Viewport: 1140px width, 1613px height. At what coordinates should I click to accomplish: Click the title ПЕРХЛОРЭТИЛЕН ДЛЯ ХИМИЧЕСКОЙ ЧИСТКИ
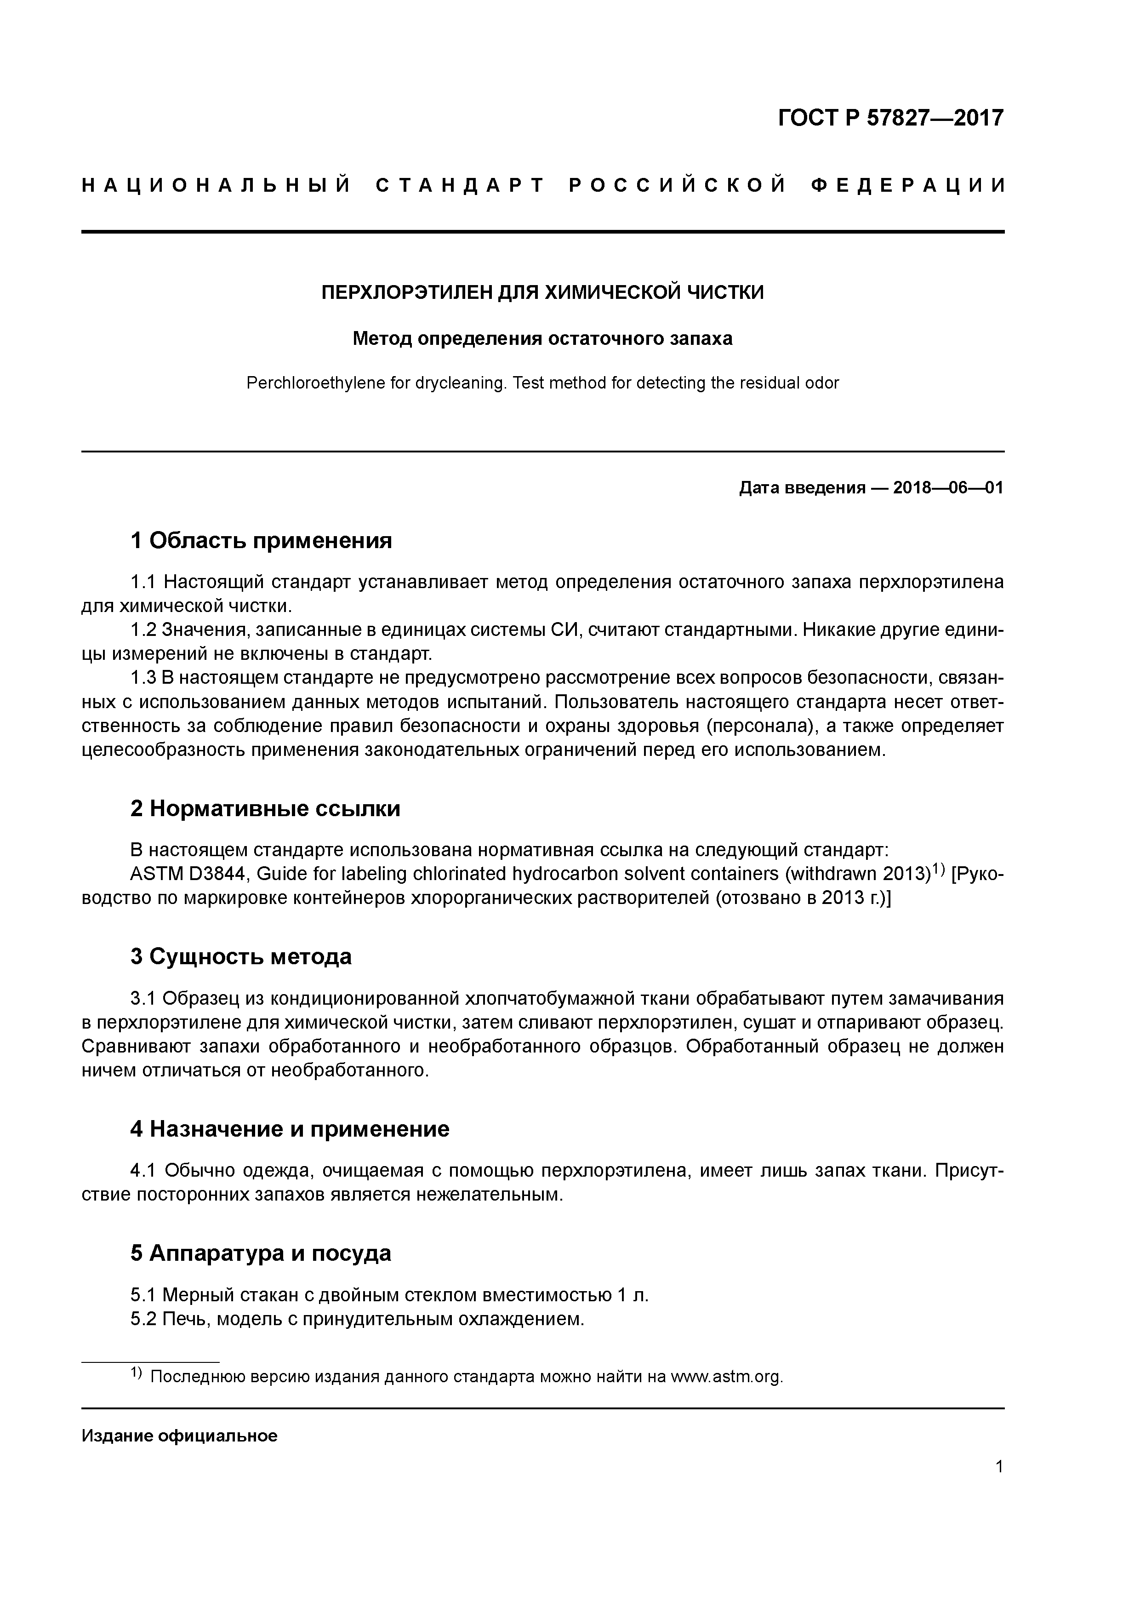point(542,292)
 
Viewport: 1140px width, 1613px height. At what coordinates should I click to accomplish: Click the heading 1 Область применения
point(261,541)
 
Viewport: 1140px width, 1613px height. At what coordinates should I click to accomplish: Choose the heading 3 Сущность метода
point(241,957)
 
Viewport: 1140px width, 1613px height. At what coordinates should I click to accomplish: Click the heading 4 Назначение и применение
point(290,1129)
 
